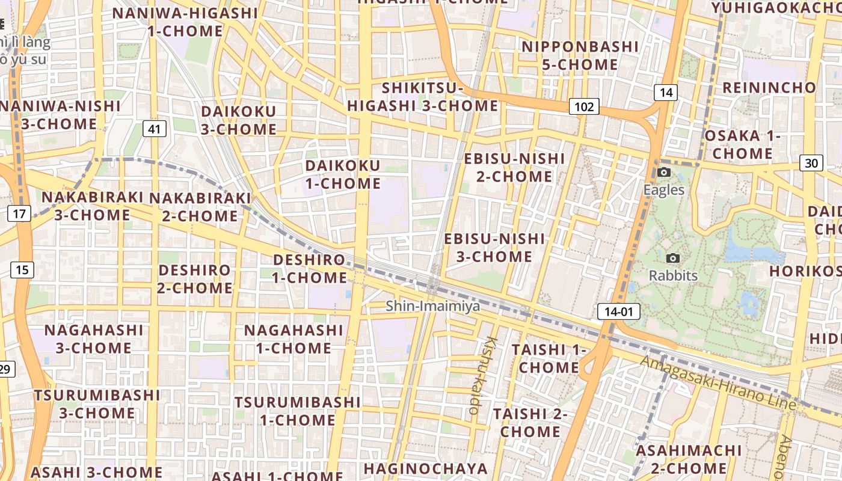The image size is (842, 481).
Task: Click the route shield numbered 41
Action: [155, 128]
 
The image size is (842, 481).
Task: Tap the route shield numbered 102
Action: [583, 107]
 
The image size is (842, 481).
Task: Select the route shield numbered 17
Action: [19, 213]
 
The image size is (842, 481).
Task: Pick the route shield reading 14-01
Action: [618, 311]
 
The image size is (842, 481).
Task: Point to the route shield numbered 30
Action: [811, 163]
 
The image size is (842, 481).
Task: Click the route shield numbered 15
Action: [22, 270]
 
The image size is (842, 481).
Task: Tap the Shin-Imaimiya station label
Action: [433, 306]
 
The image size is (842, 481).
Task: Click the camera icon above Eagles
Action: [664, 173]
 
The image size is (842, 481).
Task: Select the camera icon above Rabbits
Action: [673, 258]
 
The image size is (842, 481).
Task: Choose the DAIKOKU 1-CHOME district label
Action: [343, 174]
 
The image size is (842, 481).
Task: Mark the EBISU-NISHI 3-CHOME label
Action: [494, 248]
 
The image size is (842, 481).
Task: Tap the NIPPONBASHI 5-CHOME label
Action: [580, 55]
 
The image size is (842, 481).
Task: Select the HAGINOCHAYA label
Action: [425, 468]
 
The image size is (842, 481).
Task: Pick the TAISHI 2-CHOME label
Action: [530, 423]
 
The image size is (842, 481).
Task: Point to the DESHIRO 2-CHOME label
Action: [195, 279]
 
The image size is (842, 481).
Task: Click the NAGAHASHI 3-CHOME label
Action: [94, 339]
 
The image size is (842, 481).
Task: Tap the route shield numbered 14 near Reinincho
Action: [665, 93]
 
